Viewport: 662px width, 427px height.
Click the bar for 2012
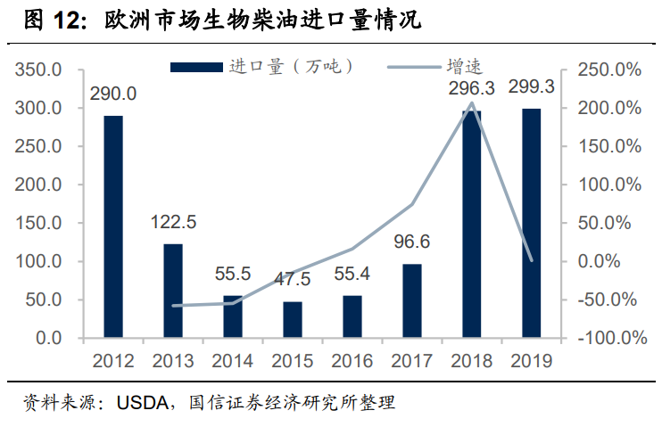(113, 227)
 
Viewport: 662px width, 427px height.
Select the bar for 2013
(173, 292)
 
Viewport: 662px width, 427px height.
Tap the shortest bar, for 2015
(293, 320)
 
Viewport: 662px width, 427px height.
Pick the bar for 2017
(412, 301)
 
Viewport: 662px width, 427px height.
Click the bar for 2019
(532, 224)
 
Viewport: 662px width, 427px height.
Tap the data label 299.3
(532, 87)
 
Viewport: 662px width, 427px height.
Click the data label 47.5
(293, 280)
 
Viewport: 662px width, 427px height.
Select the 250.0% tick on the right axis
(608, 70)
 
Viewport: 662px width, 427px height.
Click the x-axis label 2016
(352, 361)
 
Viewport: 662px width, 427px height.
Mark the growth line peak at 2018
(472, 103)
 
